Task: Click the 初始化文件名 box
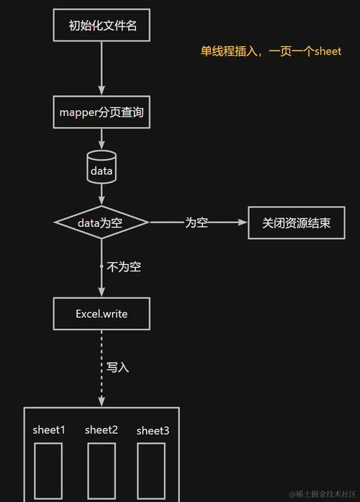(x=102, y=27)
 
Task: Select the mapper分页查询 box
(x=102, y=112)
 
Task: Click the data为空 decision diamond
(x=102, y=223)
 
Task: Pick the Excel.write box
(x=102, y=313)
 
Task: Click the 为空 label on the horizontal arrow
(x=197, y=223)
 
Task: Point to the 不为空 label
(x=124, y=267)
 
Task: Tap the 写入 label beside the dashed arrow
(x=117, y=367)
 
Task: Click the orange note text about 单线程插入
(x=271, y=52)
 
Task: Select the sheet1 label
(x=49, y=430)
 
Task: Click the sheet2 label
(x=101, y=430)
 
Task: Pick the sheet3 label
(x=153, y=431)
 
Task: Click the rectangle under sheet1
(x=49, y=472)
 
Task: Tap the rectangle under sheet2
(x=101, y=472)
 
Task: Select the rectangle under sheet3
(x=151, y=472)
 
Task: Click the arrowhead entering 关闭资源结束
(x=242, y=223)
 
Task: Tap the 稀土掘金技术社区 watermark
(x=323, y=494)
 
